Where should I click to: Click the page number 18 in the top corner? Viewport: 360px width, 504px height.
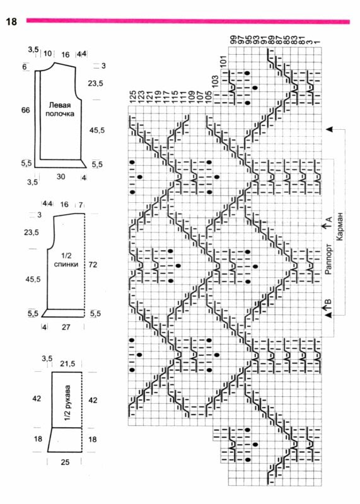tap(11, 21)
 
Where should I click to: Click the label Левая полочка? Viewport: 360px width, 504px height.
tap(59, 109)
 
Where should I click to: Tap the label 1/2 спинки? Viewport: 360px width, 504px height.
tap(66, 260)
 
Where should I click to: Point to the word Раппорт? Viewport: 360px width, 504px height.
tap(328, 259)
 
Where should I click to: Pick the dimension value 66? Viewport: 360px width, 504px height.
tap(25, 110)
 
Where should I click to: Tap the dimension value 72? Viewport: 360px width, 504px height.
tap(93, 265)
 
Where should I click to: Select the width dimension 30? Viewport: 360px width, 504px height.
tap(61, 176)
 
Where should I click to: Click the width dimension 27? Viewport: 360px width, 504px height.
tap(66, 327)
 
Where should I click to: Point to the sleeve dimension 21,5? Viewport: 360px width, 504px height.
tap(67, 364)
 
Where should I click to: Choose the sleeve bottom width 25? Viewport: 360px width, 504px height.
tap(65, 462)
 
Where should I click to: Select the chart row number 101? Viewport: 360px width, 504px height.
tap(224, 60)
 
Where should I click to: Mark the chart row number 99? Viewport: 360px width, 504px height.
tap(233, 40)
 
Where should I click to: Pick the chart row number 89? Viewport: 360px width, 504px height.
tap(270, 40)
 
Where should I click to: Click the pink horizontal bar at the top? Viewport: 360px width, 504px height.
tap(189, 21)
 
